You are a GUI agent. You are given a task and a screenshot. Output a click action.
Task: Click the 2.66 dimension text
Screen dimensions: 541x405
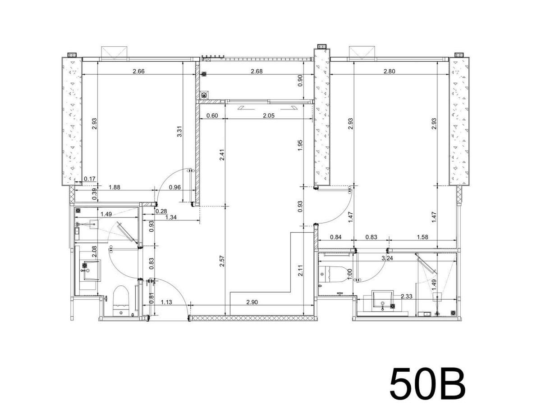(138, 71)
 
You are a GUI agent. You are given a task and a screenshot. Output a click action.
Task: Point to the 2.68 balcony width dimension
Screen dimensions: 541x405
(257, 71)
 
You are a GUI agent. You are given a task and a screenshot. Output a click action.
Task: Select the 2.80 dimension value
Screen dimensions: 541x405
(389, 71)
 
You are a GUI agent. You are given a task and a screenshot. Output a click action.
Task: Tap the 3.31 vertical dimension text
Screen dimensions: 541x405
(179, 131)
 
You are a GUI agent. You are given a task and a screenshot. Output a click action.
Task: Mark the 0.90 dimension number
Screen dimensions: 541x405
(300, 81)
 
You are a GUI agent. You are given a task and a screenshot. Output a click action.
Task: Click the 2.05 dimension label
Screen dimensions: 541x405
(268, 116)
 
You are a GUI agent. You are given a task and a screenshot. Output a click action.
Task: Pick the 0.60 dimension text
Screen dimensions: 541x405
(212, 116)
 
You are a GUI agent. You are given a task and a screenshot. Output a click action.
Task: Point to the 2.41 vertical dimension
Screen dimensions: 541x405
(222, 155)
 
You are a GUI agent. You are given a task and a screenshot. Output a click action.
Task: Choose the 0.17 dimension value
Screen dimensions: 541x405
(89, 179)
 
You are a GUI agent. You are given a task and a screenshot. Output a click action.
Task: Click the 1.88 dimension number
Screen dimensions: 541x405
(115, 187)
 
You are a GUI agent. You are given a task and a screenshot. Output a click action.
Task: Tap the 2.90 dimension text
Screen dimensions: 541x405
(252, 302)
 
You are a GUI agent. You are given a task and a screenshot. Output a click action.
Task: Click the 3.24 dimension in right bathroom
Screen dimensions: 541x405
(387, 258)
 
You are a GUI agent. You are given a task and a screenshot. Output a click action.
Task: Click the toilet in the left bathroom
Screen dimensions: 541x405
(121, 301)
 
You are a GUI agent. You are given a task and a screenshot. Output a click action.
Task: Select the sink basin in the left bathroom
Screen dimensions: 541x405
(92, 270)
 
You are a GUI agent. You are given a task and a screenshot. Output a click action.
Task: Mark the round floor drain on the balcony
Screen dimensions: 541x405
(204, 94)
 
